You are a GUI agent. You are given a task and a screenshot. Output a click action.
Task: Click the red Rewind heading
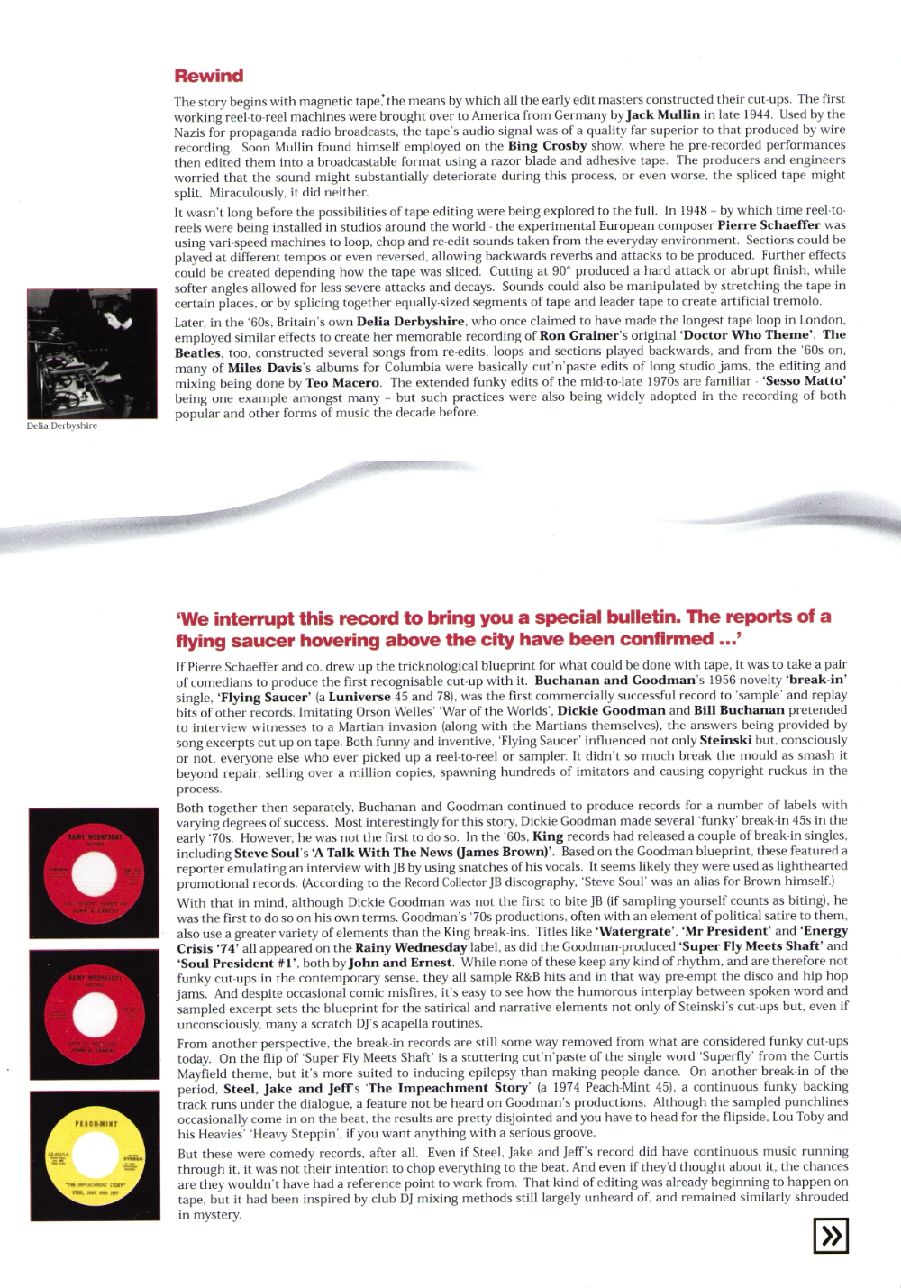coord(209,76)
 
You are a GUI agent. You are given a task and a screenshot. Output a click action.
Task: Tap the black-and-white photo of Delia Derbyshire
coord(92,353)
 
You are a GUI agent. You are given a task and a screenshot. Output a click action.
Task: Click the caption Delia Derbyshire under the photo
coord(62,425)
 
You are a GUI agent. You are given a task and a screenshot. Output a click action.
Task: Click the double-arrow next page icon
coord(830,1235)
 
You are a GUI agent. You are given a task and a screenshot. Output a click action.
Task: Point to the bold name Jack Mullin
coord(663,114)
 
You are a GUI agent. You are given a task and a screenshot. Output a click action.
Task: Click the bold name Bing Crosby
coord(547,145)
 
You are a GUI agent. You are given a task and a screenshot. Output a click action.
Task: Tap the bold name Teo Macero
coord(342,382)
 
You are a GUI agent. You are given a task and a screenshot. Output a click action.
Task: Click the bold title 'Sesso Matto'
coord(804,381)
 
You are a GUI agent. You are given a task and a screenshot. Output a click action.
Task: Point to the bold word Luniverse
coord(359,697)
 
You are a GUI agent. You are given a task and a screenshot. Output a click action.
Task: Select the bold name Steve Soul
coord(267,853)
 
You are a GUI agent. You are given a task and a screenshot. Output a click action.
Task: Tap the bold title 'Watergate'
coord(634,931)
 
